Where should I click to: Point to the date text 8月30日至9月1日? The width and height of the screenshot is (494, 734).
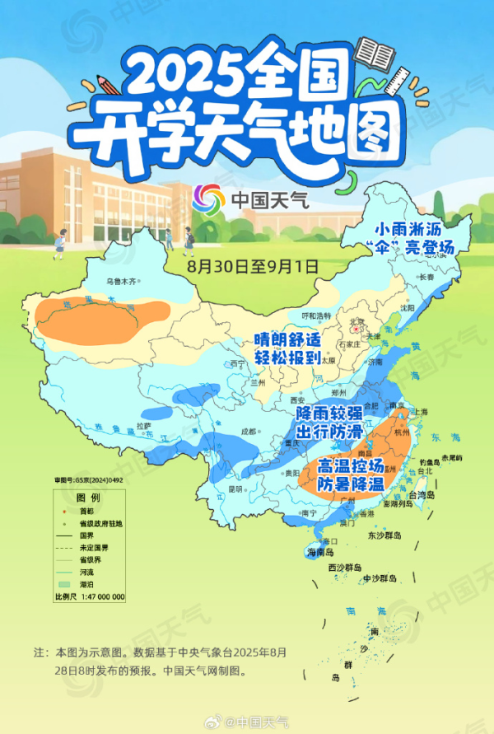(x=240, y=264)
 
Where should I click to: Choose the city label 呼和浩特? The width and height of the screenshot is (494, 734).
(x=315, y=316)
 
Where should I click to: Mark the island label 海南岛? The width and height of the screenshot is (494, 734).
(x=321, y=551)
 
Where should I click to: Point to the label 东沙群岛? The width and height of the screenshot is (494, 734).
(x=384, y=535)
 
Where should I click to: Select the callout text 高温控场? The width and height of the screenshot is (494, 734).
(x=350, y=467)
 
